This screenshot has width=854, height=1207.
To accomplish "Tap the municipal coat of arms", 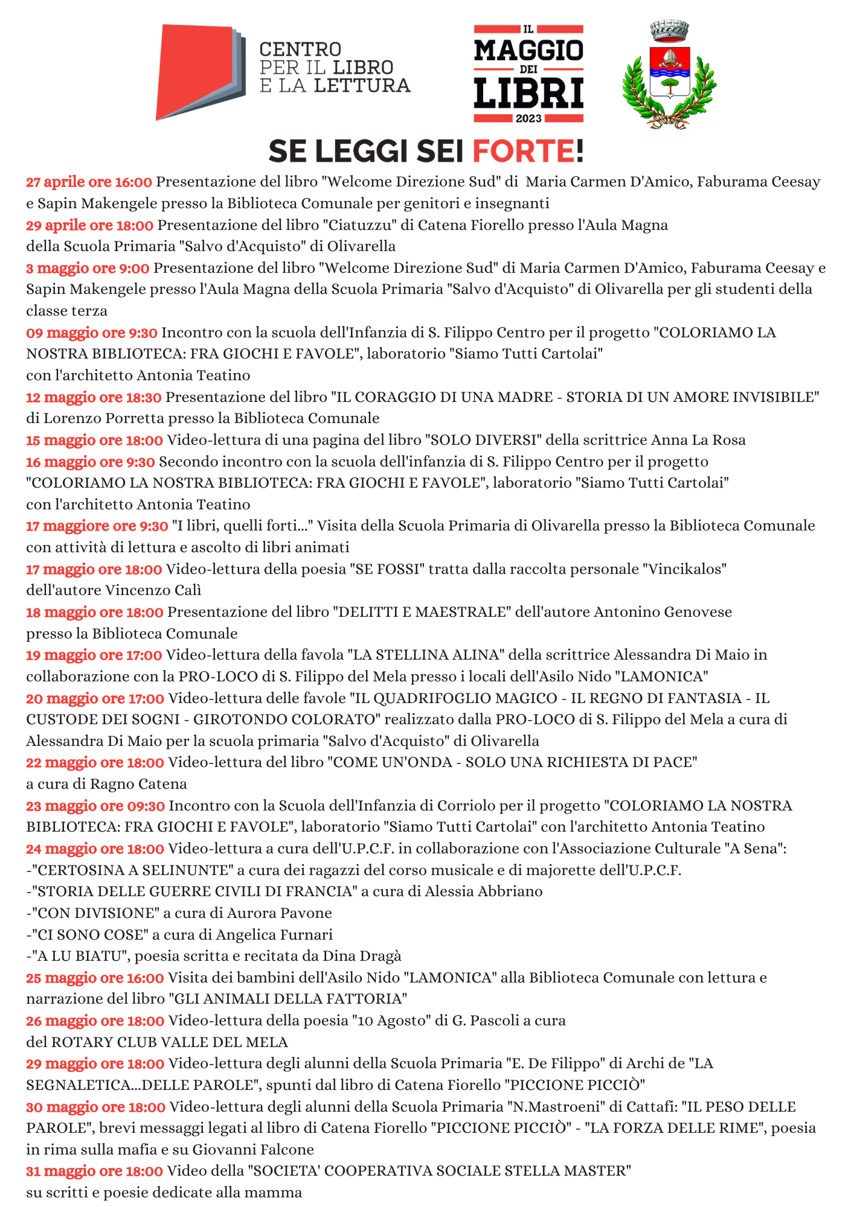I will pos(669,75).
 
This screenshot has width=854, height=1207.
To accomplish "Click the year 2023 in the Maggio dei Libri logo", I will pos(528,118).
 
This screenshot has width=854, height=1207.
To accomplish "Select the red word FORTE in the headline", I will pos(527,151).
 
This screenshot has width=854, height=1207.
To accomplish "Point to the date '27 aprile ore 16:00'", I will pos(89,182).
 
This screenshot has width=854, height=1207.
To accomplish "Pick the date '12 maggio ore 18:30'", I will pos(94,397).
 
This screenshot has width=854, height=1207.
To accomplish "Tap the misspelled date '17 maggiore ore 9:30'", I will pos(97,526).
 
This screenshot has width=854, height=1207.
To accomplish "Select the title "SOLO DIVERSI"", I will pos(483,440).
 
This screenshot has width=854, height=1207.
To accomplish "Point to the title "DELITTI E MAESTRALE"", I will pos(421,612).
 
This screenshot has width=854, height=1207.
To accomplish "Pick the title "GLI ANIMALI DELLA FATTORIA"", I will pos(287,999).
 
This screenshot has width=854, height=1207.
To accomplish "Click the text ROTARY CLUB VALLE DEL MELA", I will pos(169,1042).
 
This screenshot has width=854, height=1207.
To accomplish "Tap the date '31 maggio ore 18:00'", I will pos(94,1171).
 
